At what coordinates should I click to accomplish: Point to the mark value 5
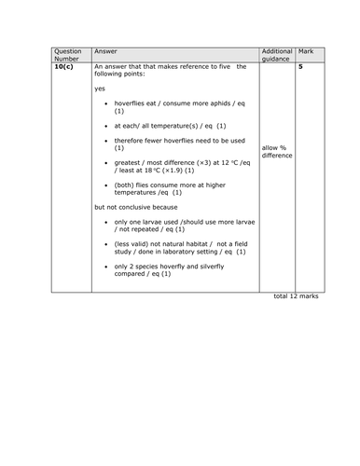pyautogui.click(x=300, y=67)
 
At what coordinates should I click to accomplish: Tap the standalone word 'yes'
pyautogui.click(x=101, y=89)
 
